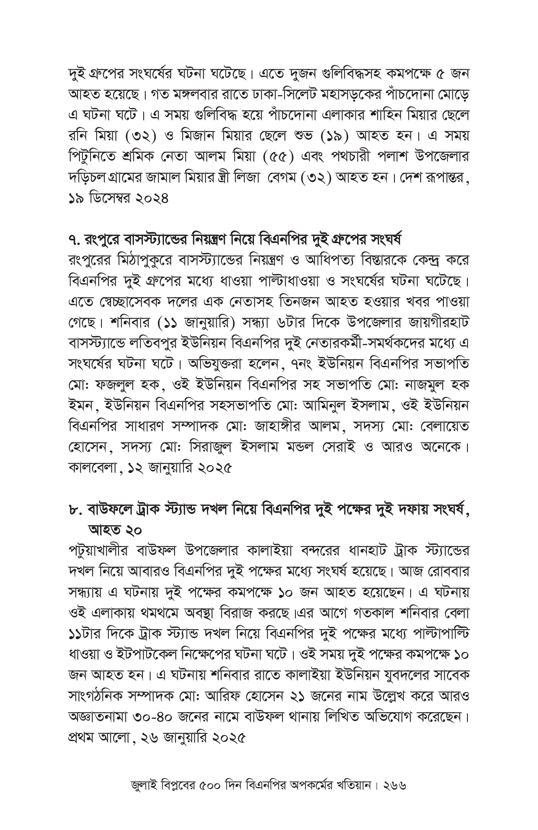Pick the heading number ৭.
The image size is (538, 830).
(75, 240)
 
